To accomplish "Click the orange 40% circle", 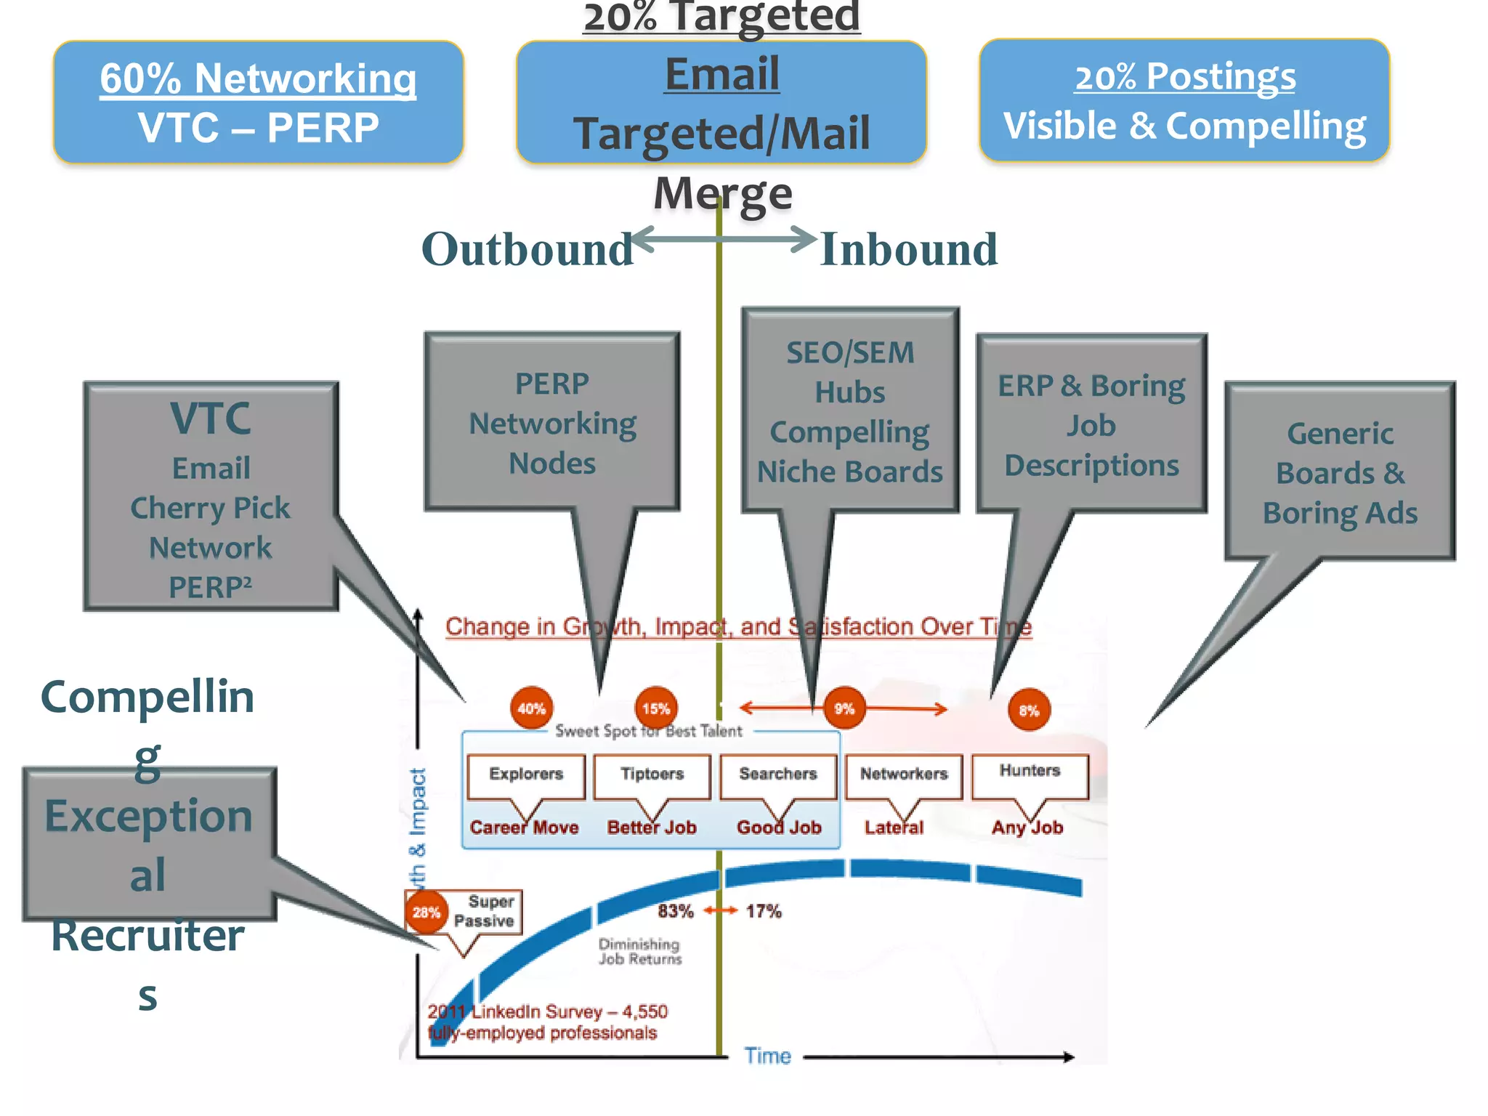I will point(531,708).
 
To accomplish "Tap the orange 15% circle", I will point(656,708).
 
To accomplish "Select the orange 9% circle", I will point(844,708).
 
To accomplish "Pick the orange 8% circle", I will point(1029,710).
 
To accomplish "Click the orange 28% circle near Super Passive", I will point(426,912).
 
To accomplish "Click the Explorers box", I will point(526,775).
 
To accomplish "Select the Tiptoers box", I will point(652,775).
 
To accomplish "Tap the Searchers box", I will point(778,775).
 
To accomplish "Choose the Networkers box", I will point(904,775).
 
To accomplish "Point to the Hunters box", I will point(1030,772).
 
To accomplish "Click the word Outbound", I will point(527,249).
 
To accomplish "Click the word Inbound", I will point(908,249).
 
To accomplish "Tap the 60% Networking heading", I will point(258,78).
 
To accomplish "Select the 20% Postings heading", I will point(1185,76).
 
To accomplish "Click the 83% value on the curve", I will point(676,911).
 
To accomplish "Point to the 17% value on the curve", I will point(764,911).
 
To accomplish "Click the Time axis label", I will point(767,1056).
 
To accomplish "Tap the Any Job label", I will point(1027,828).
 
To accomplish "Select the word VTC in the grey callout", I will point(211,418).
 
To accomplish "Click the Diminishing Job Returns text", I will point(639,951).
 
